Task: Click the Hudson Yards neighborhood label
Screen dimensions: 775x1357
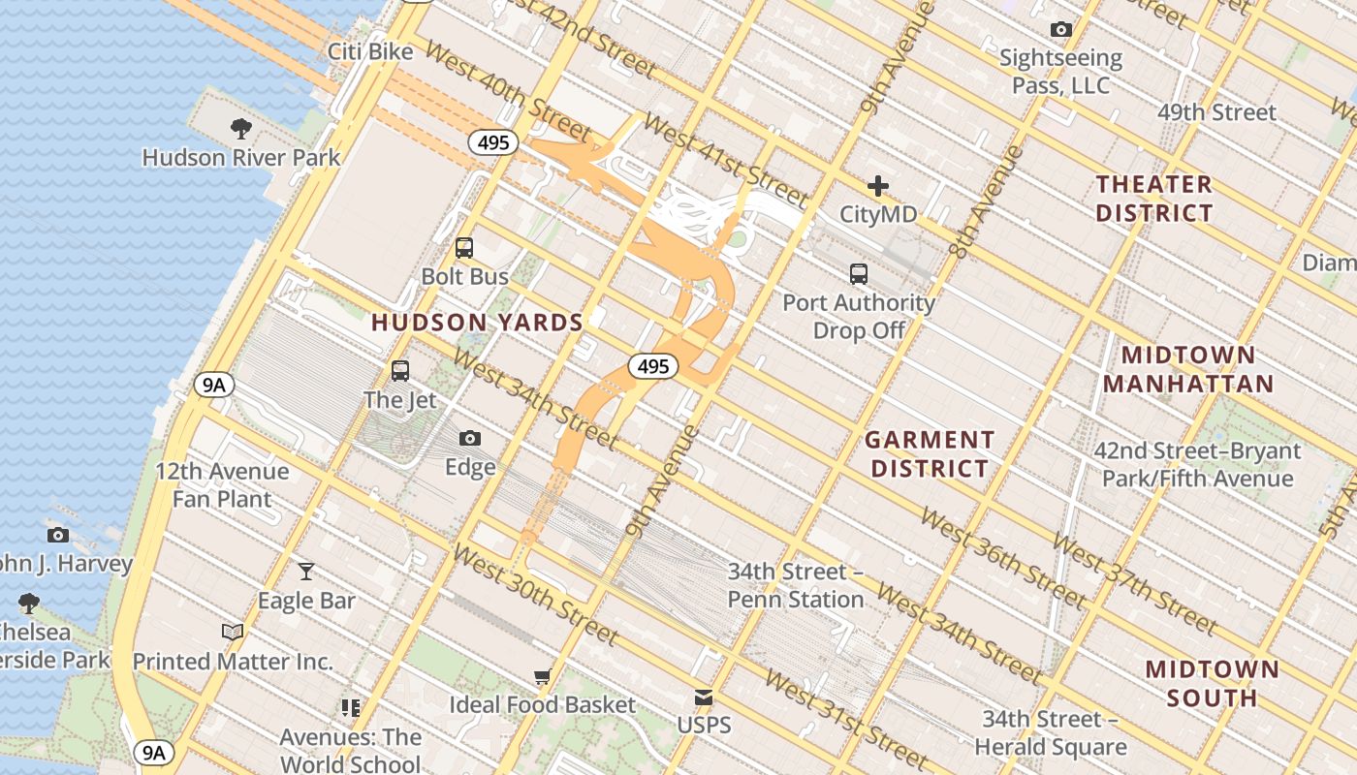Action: (477, 323)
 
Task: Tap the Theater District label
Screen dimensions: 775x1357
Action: (1153, 199)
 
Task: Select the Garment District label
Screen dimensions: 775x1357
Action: (930, 454)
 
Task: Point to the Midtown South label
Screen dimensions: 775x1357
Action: (1212, 683)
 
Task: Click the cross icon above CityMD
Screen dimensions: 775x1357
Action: (878, 185)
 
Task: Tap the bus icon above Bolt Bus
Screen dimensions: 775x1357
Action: (464, 248)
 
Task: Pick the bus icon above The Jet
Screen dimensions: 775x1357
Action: (399, 370)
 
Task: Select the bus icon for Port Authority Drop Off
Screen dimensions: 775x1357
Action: (859, 274)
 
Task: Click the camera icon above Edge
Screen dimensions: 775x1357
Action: (470, 439)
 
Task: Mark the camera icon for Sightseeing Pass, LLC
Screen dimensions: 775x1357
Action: (1061, 30)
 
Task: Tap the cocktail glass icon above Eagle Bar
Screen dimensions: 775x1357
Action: (306, 572)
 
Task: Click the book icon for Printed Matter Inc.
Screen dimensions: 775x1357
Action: (233, 633)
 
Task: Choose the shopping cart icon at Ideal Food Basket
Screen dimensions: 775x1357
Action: (542, 676)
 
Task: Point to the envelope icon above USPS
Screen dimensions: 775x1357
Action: (704, 697)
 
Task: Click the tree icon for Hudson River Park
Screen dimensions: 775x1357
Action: (241, 128)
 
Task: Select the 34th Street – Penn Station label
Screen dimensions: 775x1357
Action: (795, 585)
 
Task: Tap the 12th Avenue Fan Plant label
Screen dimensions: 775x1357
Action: (222, 485)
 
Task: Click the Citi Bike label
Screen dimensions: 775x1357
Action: (370, 51)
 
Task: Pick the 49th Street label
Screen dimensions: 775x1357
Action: (1216, 112)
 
